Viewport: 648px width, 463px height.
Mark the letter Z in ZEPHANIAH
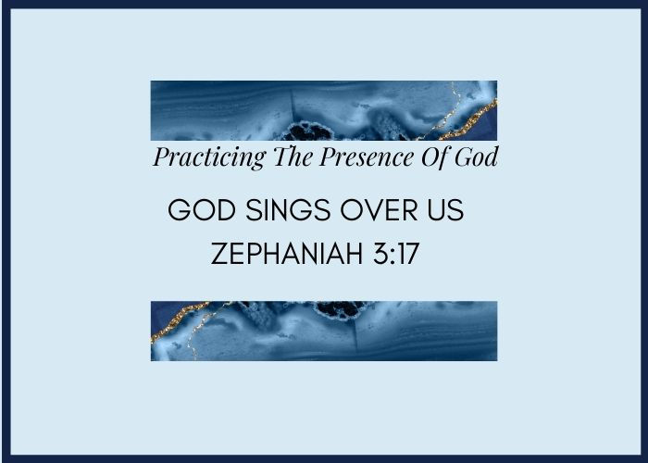pos(219,253)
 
